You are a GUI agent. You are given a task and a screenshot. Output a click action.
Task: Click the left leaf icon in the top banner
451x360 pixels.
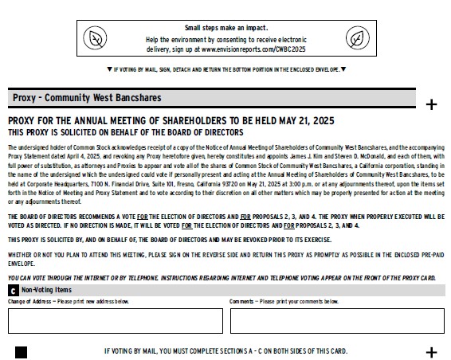[95, 38]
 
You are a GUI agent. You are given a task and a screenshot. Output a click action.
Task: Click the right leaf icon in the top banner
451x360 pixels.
[355, 38]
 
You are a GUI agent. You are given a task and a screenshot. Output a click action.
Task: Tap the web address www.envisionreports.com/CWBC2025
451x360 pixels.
[253, 49]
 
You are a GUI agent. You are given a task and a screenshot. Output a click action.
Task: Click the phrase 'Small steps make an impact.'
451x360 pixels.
[225, 28]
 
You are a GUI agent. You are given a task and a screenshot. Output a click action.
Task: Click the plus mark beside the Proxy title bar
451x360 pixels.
[432, 104]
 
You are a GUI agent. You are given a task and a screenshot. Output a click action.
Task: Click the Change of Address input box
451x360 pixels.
[116, 320]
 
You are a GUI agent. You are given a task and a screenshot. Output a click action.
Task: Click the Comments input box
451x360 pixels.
[337, 320]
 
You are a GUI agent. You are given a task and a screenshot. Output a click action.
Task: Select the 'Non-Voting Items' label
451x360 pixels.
[46, 291]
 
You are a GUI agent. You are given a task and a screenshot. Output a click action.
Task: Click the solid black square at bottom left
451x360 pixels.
[21, 352]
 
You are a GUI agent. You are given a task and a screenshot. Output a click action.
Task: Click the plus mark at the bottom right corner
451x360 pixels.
[432, 352]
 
